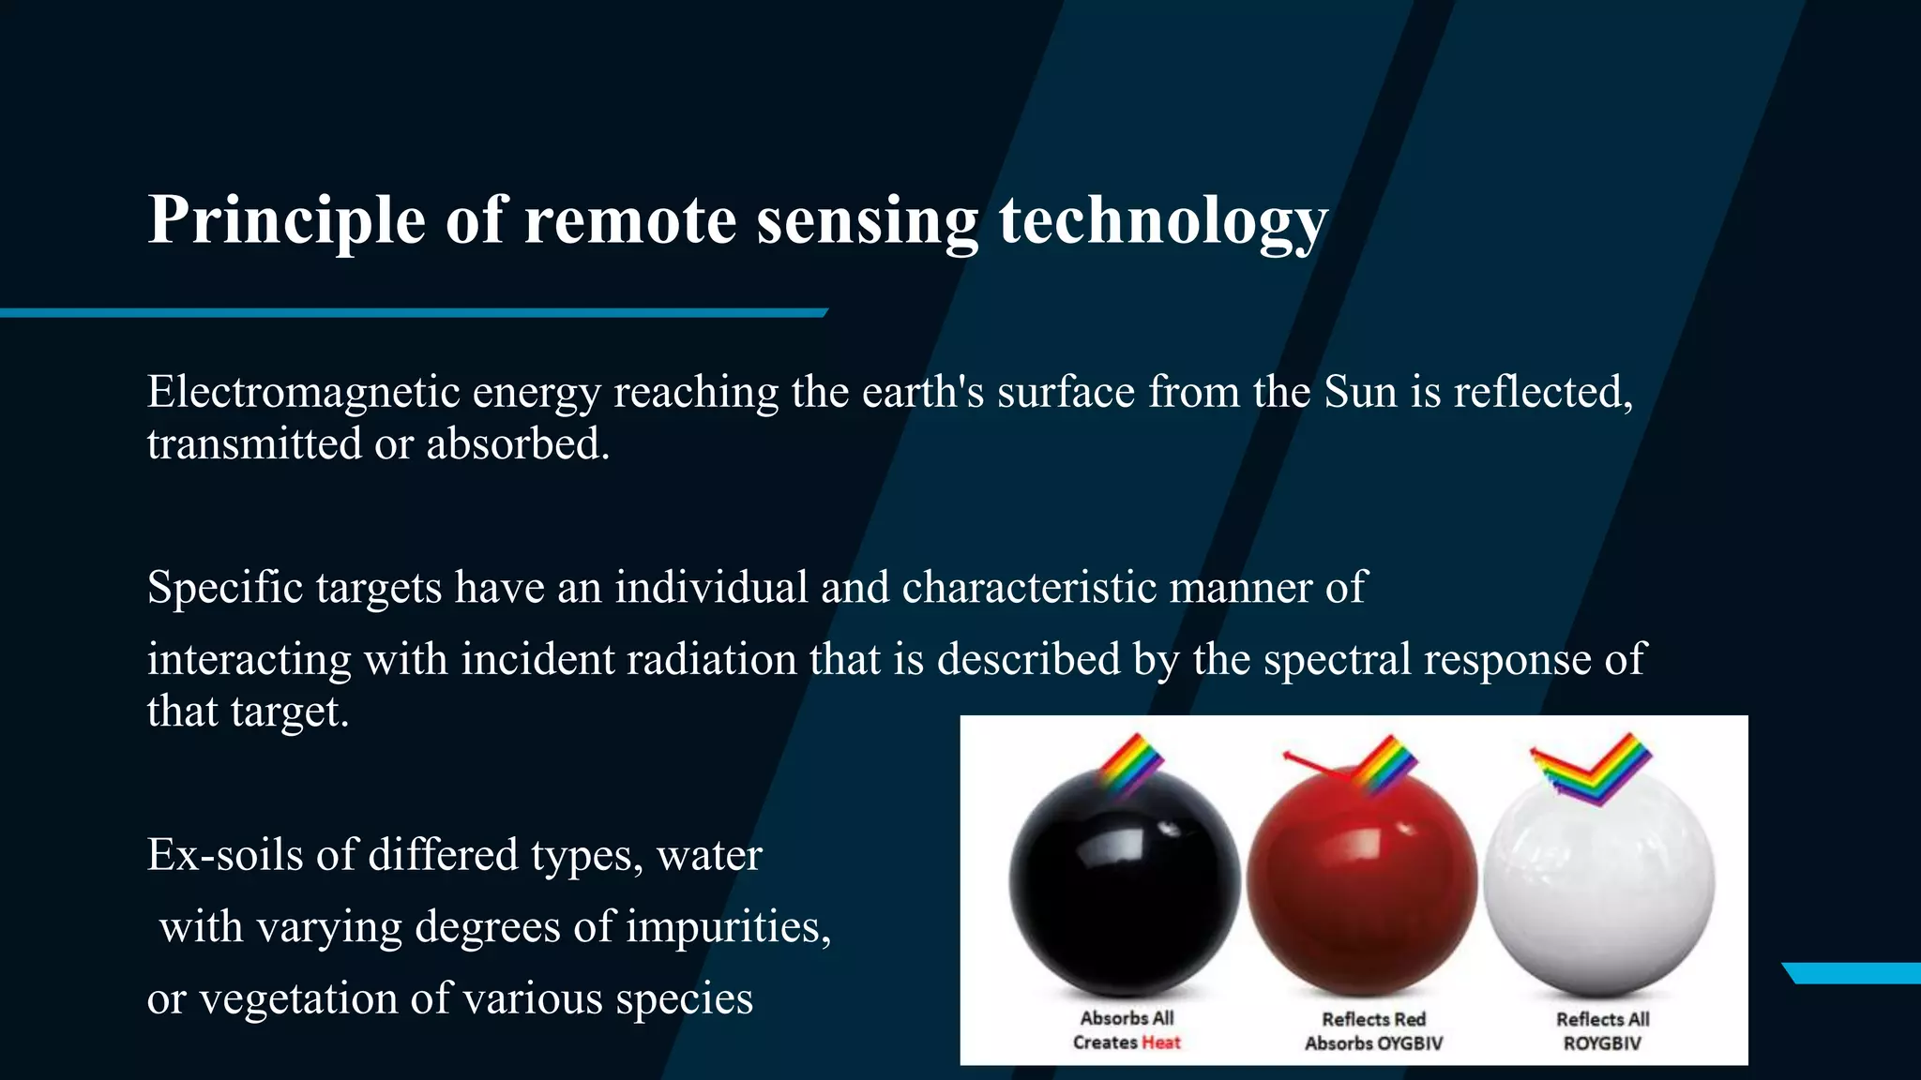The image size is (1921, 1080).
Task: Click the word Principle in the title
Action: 286,221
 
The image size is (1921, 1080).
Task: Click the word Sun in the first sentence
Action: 1360,392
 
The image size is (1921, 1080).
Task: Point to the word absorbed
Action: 518,444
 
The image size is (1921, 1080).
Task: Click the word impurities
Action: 728,927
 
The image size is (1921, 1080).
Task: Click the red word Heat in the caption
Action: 1160,1042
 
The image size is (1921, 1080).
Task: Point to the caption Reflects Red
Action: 1373,1019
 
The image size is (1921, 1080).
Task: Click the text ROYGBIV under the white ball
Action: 1601,1043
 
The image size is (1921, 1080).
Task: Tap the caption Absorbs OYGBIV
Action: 1373,1043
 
